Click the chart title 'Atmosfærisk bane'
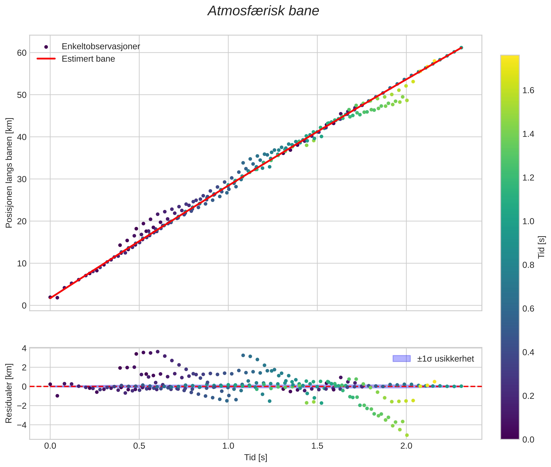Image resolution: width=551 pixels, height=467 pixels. [x=263, y=11]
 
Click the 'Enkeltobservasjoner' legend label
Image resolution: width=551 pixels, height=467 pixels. [x=101, y=47]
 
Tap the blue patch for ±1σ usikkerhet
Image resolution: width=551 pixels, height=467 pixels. [x=402, y=359]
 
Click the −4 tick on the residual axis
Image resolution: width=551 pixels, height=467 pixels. [x=22, y=425]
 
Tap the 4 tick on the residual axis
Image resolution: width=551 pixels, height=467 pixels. [x=24, y=348]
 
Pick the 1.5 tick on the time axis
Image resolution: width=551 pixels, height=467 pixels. [x=317, y=446]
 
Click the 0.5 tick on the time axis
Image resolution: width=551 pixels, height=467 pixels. [x=139, y=446]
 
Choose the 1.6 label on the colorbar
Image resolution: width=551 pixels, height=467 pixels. [x=528, y=90]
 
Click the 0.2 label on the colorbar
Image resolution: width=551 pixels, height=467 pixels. [x=528, y=396]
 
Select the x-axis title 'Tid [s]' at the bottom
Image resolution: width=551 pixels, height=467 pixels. [x=256, y=457]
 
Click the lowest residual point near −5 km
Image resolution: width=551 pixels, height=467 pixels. [x=407, y=435]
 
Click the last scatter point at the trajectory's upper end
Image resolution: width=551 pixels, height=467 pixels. [x=461, y=48]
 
